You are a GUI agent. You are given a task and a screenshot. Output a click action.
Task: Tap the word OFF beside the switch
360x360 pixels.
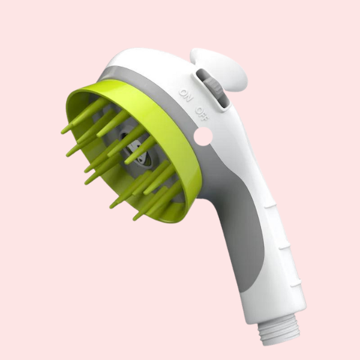202,114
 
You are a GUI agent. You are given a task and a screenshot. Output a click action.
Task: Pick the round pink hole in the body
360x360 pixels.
203,136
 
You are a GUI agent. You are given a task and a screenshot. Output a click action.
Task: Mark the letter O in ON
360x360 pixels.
183,92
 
